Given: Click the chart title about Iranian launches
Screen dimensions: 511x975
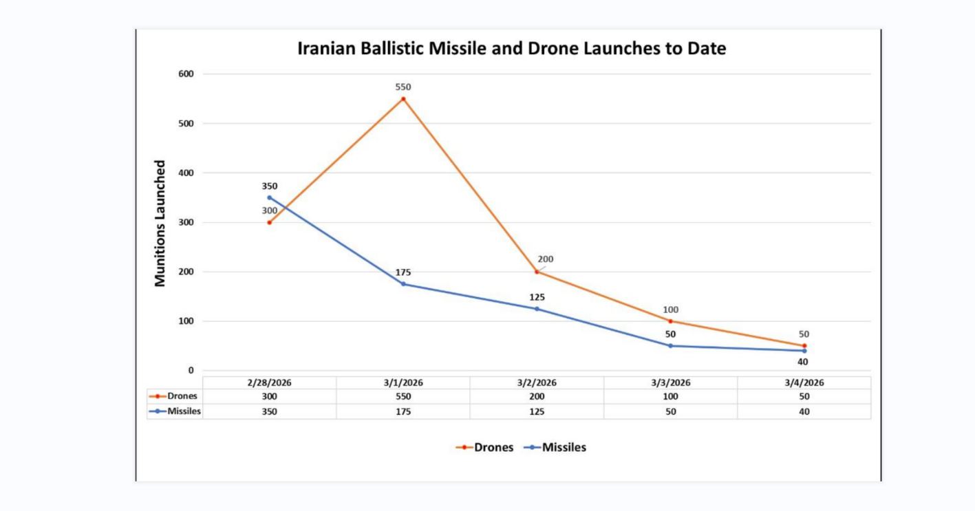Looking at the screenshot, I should click(511, 50).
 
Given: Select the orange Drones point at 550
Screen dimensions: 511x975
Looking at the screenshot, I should click(403, 99).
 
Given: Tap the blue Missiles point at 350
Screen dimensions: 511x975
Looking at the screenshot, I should click(269, 197).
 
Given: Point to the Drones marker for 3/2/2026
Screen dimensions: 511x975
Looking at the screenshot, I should click(537, 272).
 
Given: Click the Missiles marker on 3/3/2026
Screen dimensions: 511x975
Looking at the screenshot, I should click(671, 346).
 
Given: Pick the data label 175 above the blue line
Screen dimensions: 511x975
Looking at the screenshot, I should click(403, 272).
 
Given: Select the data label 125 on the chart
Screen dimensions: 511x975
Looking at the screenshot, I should click(537, 297).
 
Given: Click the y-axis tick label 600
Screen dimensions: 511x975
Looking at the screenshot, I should click(186, 74).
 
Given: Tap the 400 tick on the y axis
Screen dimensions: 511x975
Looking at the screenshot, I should click(186, 173).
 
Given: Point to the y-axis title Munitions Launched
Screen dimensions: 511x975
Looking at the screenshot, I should click(160, 223).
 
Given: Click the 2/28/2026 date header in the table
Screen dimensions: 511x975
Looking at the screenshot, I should click(269, 383).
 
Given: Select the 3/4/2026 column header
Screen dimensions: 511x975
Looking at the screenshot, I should click(804, 383).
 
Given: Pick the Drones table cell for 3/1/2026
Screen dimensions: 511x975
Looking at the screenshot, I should click(403, 397).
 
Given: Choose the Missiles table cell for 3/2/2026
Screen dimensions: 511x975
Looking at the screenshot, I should click(537, 411).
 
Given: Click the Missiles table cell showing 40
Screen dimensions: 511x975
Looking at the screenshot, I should click(804, 411).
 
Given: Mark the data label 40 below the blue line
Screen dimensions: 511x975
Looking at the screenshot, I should click(803, 362).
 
